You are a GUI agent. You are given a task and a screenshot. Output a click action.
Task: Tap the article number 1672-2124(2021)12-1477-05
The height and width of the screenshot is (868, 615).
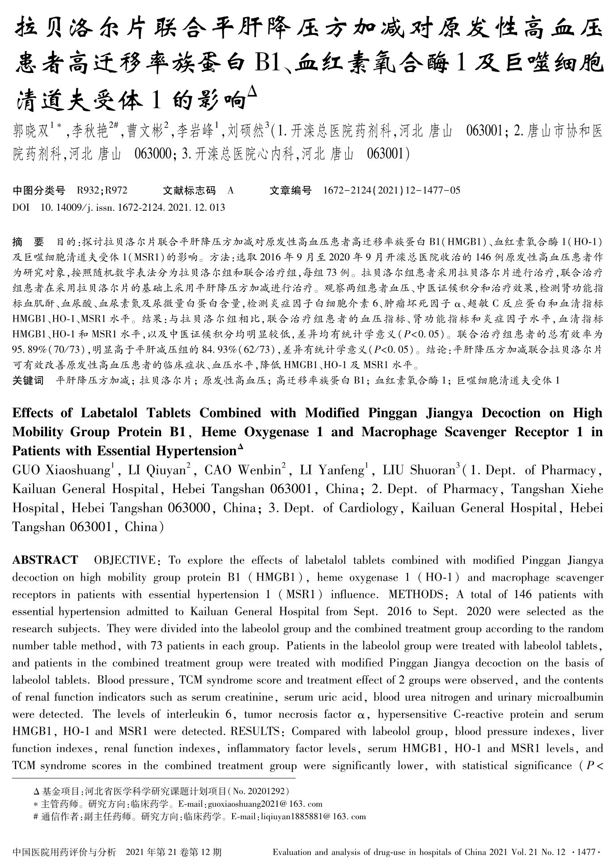(391, 191)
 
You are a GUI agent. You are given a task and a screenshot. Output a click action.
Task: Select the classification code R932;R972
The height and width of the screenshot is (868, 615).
(102, 191)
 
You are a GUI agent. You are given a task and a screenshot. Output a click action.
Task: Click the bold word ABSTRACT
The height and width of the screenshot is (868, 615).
(45, 560)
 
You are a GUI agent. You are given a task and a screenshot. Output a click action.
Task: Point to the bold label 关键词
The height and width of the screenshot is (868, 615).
(28, 381)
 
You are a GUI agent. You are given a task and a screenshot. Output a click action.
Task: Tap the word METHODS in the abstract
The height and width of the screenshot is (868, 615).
(416, 595)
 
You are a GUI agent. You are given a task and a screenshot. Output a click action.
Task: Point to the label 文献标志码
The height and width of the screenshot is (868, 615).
(189, 191)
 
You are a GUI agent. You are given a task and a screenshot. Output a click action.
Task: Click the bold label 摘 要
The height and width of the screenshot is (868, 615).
(28, 243)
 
